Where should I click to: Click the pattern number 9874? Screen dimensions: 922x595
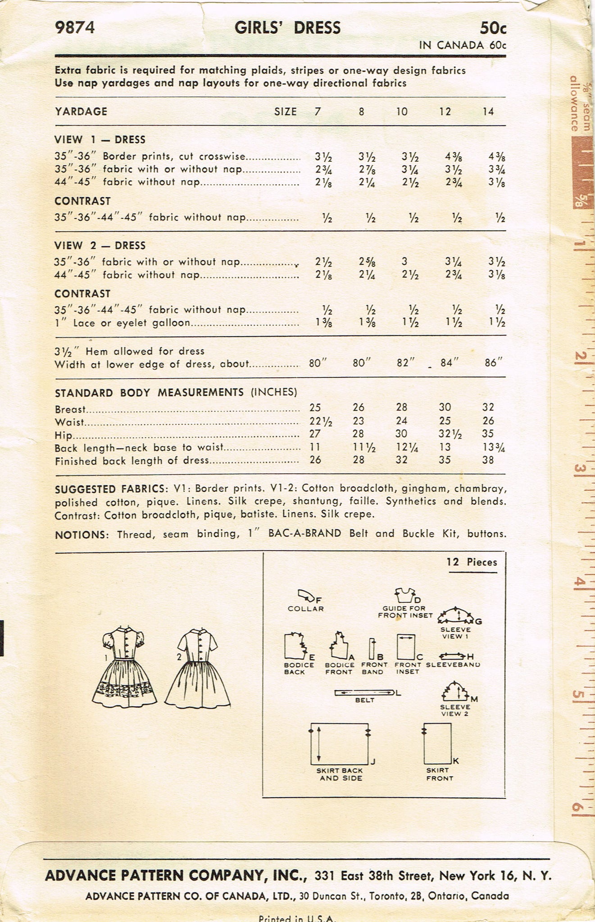point(75,28)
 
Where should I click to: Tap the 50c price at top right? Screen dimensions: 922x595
point(493,28)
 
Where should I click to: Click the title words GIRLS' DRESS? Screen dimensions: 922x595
point(287,28)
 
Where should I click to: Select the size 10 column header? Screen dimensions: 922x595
point(402,111)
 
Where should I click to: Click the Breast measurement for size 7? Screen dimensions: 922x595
point(315,407)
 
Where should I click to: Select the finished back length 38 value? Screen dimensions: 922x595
point(488,460)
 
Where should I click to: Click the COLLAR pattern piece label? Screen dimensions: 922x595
point(306,609)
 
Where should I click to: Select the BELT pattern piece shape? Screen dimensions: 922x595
point(364,693)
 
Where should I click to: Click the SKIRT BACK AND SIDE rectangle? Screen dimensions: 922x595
point(340,744)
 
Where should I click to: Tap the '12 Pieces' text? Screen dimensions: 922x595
point(472,562)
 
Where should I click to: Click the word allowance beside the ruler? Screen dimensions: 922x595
point(574,104)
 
